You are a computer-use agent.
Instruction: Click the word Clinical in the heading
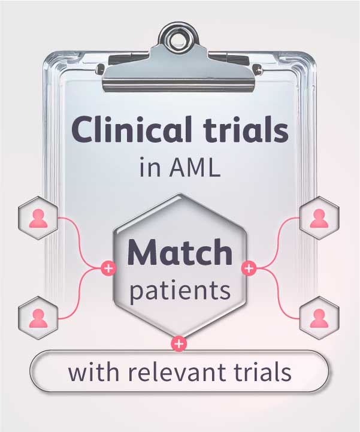coord(131,129)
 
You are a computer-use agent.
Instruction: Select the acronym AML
coord(195,167)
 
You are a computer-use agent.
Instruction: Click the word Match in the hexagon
coord(180,252)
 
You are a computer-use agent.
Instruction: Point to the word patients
coord(180,291)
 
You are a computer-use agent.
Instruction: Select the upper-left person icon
coord(38,218)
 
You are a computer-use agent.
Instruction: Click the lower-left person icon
coord(38,318)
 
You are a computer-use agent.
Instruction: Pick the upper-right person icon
coord(319,218)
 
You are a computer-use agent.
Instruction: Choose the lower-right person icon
coord(319,318)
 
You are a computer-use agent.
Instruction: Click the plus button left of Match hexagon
coord(108,268)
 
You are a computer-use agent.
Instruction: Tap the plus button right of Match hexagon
coord(249,268)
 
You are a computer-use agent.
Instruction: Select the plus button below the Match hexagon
coord(179,344)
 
